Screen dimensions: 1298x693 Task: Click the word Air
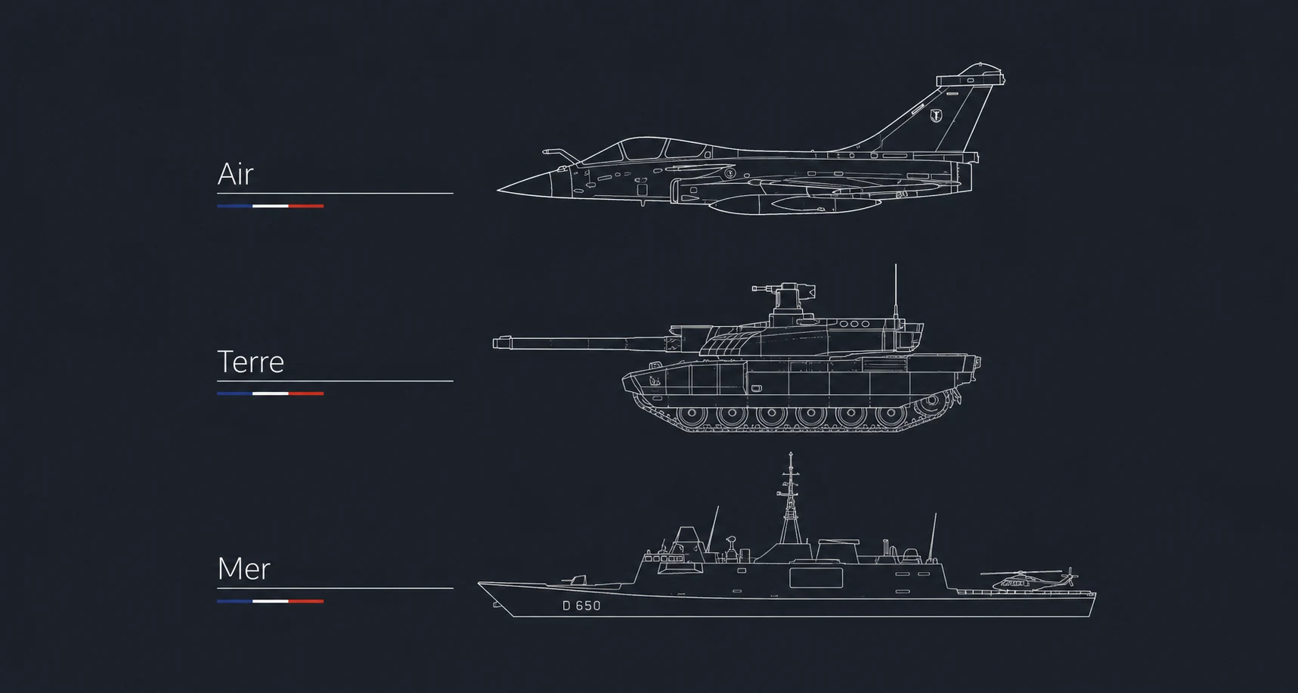pyautogui.click(x=235, y=174)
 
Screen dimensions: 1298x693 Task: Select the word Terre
pyautogui.click(x=250, y=362)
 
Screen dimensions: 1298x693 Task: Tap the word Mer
pyautogui.click(x=243, y=569)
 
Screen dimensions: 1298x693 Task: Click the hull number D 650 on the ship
pyautogui.click(x=581, y=606)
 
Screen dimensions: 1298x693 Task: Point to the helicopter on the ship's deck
pyautogui.click(x=1028, y=580)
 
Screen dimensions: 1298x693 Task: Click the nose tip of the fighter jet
pyautogui.click(x=497, y=190)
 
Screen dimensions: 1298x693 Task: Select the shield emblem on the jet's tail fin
pyautogui.click(x=936, y=116)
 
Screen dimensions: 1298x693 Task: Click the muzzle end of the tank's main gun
pyautogui.click(x=494, y=343)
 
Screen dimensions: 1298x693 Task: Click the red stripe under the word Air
pyautogui.click(x=305, y=206)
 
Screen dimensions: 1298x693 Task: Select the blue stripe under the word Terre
pyautogui.click(x=234, y=393)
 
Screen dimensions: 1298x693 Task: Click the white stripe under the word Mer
pyautogui.click(x=270, y=601)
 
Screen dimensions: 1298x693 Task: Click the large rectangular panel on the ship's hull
pyautogui.click(x=816, y=578)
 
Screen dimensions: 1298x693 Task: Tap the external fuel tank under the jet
pyautogui.click(x=794, y=204)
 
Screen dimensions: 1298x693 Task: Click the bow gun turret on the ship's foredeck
pyautogui.click(x=574, y=581)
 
